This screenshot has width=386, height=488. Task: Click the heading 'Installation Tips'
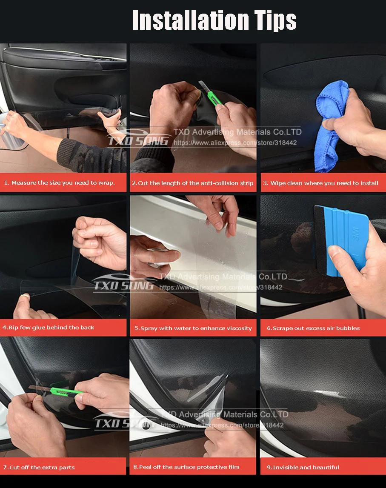[x=214, y=20]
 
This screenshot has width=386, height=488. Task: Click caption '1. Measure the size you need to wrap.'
[x=60, y=183]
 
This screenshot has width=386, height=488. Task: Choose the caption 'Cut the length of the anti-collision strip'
[x=193, y=183]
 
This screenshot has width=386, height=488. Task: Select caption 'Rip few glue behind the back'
[x=49, y=328]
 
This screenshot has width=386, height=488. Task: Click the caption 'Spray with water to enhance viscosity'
[x=193, y=328]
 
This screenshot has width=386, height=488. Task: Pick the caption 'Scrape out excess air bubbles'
[x=313, y=328]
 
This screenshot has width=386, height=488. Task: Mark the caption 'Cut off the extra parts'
[x=39, y=468]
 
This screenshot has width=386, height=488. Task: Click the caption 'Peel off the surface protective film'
[x=186, y=467]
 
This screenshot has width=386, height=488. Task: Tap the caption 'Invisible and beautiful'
[x=303, y=468]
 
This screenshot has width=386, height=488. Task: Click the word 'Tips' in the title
[x=273, y=20]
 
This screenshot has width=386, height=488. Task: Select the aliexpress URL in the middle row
[x=221, y=288]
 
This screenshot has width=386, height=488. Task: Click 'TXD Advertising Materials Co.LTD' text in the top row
[x=237, y=132]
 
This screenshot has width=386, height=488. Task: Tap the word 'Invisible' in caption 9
[x=286, y=468]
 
